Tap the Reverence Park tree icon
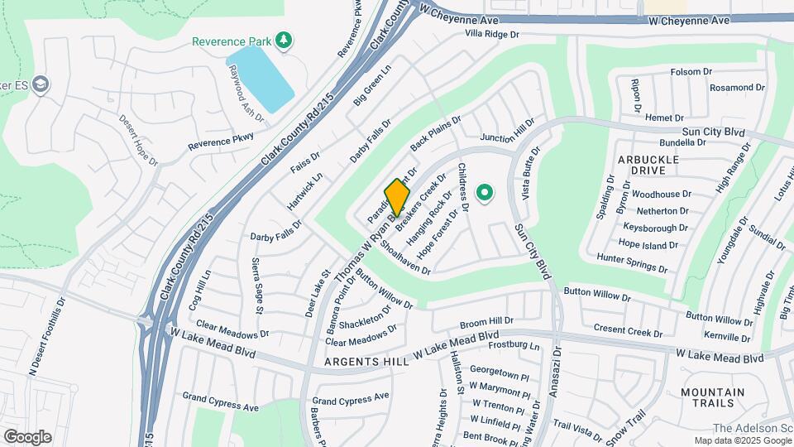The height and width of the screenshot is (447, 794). tap(284, 40)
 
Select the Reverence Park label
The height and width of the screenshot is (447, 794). tap(232, 41)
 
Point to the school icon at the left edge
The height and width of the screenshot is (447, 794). tap(41, 84)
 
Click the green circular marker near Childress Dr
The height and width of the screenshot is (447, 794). tap(485, 195)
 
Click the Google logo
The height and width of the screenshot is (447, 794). tap(27, 437)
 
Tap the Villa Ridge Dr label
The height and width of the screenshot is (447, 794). tap(491, 35)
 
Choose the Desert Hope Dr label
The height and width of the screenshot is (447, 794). tap(138, 141)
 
